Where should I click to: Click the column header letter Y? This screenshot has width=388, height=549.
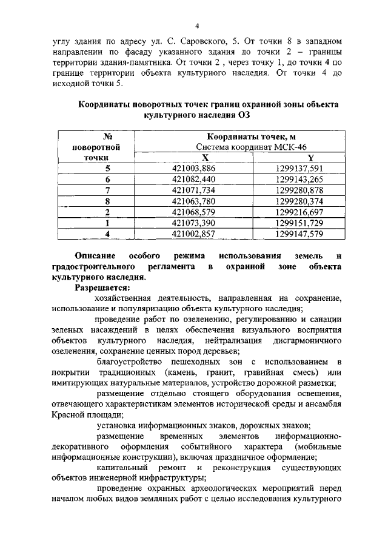coord(310,157)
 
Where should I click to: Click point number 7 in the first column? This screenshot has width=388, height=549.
coord(107,190)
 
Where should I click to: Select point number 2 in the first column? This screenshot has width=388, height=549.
coord(107,212)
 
